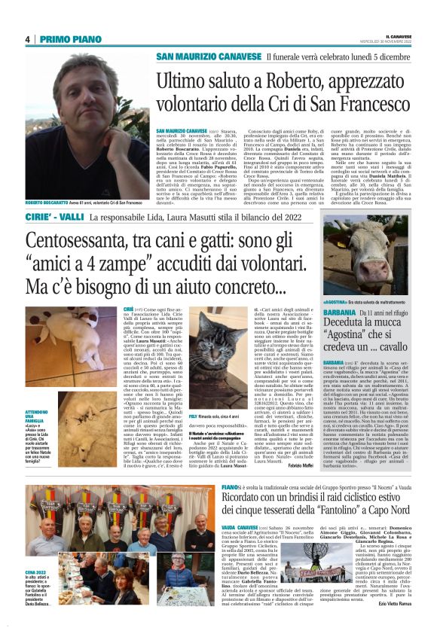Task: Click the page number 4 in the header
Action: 27,39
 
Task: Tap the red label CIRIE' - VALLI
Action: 54,218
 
